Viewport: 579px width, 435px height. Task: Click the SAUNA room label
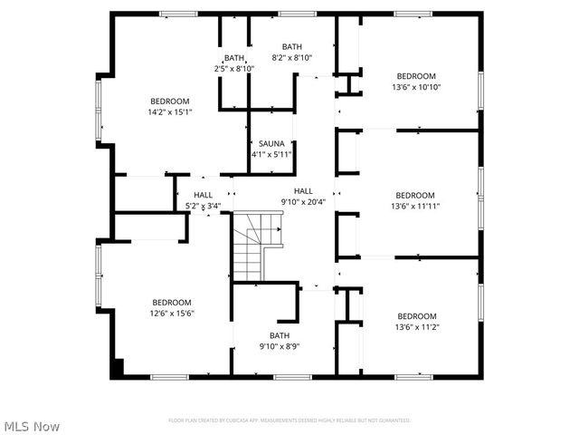[271, 143]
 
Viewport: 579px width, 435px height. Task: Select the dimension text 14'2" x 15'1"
[170, 111]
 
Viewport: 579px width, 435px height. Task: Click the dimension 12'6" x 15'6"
[171, 313]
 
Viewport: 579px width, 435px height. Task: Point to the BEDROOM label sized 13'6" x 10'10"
[415, 76]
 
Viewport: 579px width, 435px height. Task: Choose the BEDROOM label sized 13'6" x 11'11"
[415, 195]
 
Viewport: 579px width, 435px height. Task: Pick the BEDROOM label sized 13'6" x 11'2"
[415, 316]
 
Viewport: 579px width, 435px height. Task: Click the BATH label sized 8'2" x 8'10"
[292, 47]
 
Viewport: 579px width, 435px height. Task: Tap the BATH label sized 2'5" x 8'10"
[234, 58]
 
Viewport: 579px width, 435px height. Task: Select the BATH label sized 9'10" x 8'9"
[279, 335]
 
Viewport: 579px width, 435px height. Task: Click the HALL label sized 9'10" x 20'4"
[302, 191]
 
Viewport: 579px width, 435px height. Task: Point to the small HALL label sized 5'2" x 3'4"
[203, 195]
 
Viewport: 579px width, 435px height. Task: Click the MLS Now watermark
[32, 426]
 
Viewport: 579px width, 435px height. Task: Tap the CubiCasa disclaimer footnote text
[289, 420]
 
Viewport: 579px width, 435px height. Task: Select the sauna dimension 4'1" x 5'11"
[271, 154]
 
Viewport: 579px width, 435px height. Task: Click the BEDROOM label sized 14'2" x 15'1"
[170, 101]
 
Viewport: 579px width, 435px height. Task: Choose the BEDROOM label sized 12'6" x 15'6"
[171, 302]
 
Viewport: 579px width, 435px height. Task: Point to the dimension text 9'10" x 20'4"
[302, 202]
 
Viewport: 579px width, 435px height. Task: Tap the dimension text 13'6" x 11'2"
[415, 327]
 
